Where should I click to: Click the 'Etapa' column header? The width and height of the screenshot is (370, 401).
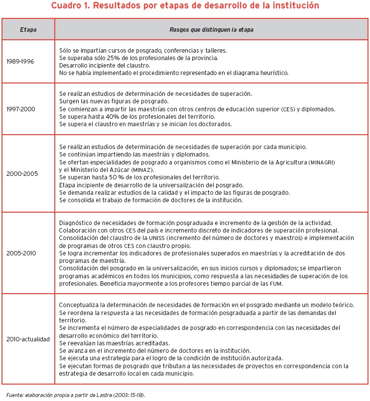(28, 30)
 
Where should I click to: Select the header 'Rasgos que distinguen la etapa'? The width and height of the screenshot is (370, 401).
(212, 30)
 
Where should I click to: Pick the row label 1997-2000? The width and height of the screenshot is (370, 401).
(21, 108)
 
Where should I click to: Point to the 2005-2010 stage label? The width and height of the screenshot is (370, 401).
(21, 252)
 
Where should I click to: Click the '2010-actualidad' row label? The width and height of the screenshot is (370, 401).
(28, 339)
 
